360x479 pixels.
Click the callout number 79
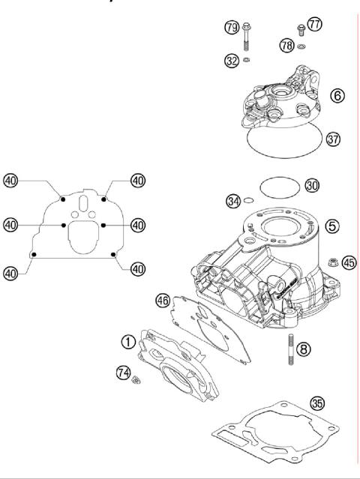[x=232, y=28]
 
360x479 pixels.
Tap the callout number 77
[x=314, y=25]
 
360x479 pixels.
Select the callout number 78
[x=286, y=46]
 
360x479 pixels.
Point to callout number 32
[x=232, y=61]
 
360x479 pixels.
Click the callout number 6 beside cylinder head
[x=338, y=96]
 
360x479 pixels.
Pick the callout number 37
[x=334, y=138]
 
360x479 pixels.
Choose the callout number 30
[x=312, y=185]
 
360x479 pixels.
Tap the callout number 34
[x=234, y=200]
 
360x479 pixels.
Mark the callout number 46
[x=162, y=300]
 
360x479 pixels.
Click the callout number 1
[x=129, y=342]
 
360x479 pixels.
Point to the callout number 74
[x=123, y=373]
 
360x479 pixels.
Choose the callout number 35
[x=318, y=403]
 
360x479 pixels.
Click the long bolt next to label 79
[x=247, y=37]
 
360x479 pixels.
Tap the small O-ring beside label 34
[x=249, y=201]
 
